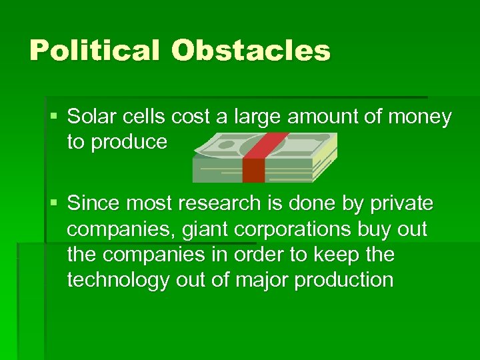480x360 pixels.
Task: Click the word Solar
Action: click(92, 117)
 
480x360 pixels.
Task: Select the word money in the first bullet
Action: click(421, 118)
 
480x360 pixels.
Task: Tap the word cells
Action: click(143, 117)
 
